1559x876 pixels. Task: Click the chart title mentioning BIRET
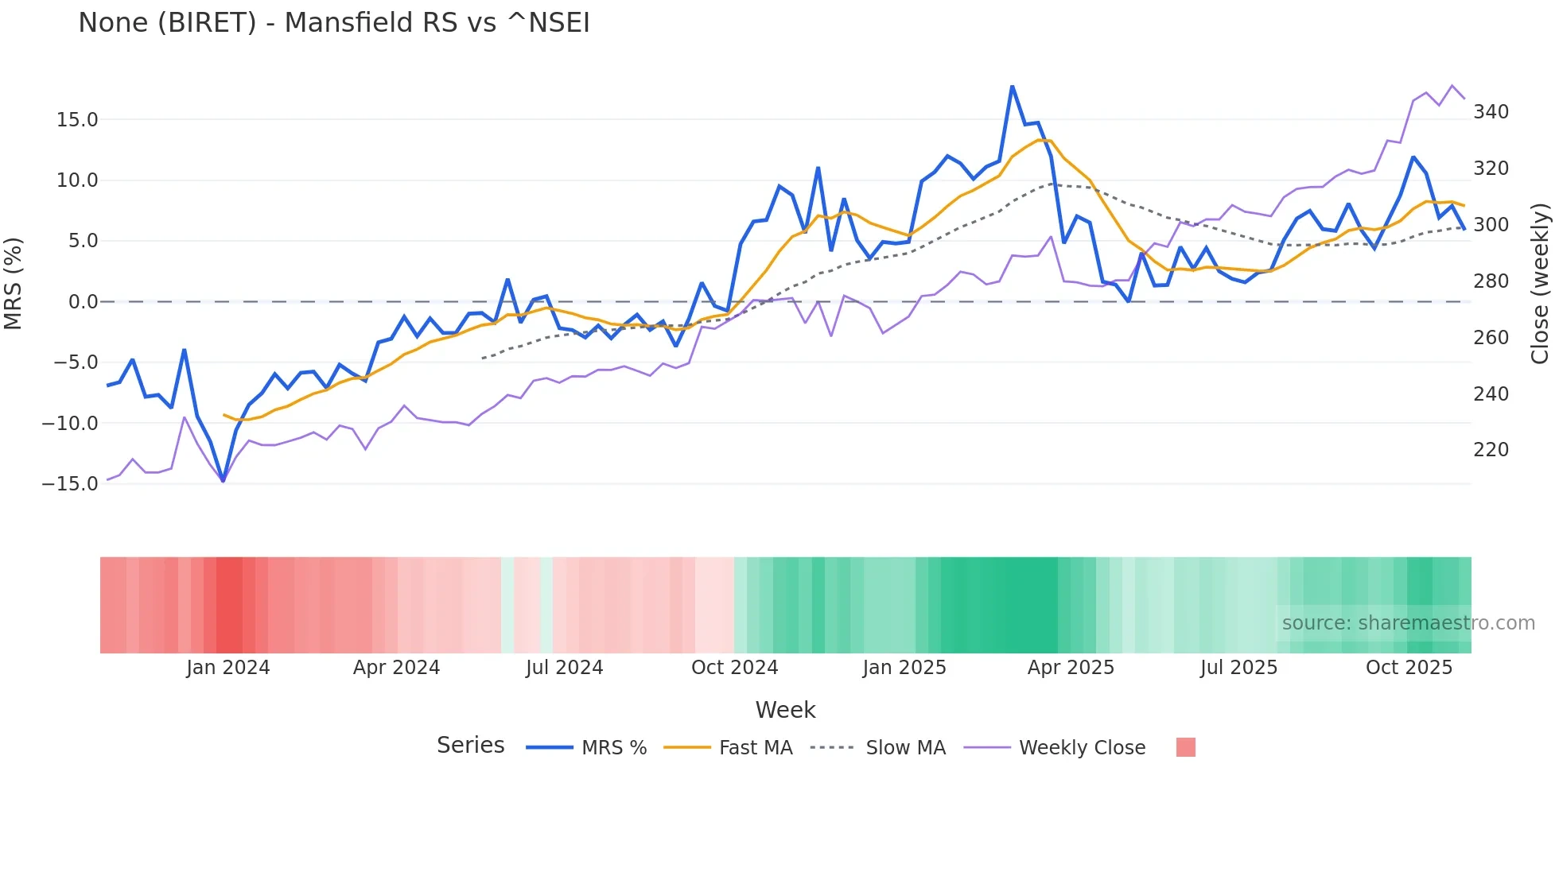[334, 23]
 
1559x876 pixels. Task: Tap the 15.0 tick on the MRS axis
[77, 120]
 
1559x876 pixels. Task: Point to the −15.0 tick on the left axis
[70, 484]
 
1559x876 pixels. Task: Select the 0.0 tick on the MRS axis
[83, 302]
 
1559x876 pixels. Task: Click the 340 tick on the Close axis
[1491, 112]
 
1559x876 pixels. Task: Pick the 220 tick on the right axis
[1491, 450]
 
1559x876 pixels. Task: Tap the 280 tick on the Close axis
[1491, 281]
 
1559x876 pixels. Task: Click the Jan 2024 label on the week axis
[228, 668]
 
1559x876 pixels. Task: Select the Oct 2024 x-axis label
[734, 668]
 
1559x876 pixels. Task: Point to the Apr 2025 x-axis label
[1071, 668]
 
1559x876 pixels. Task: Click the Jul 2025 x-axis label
[1238, 668]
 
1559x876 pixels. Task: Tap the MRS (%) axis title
[14, 284]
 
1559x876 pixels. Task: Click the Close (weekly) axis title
[1541, 284]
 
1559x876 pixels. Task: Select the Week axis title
[785, 710]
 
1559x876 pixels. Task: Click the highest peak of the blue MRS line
[1012, 86]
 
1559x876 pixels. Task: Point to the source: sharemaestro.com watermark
[1408, 623]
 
